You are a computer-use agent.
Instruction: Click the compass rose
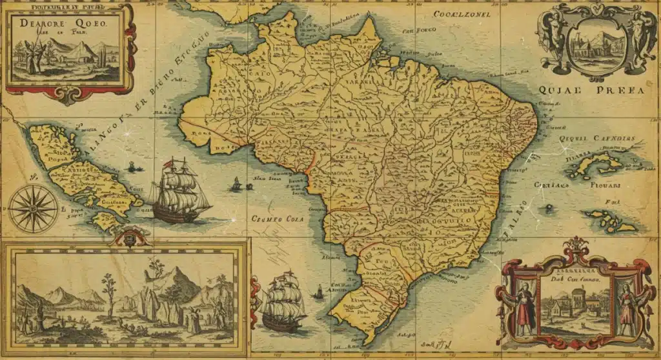(x=33, y=208)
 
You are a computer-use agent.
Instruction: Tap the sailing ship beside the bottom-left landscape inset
(x=283, y=302)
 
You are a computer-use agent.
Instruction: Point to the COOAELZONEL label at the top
(x=462, y=14)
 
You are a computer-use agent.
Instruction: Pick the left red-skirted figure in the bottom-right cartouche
(x=524, y=303)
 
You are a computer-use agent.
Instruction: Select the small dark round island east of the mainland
(x=548, y=208)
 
